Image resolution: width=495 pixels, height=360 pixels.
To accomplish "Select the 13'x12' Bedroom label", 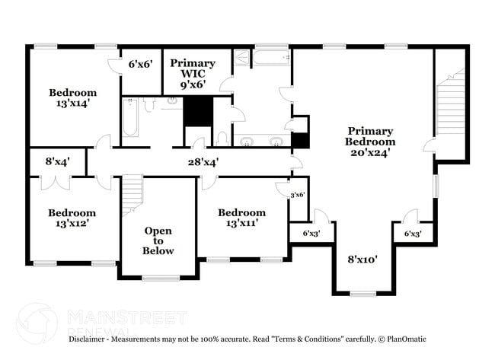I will coord(72,219).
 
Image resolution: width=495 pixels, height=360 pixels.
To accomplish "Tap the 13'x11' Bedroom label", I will coord(241,218).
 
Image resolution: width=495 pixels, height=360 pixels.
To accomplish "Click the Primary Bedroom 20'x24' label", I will coord(370,142).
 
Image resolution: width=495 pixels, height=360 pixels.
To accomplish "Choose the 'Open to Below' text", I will coord(158,241).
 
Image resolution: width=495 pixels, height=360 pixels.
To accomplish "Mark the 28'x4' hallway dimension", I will coord(203,161).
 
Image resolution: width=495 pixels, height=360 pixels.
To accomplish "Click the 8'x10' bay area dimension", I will coord(362,259).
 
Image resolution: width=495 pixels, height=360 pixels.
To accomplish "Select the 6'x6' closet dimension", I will coord(141,65).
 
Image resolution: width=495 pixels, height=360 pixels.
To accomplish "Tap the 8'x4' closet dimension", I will coord(58,161).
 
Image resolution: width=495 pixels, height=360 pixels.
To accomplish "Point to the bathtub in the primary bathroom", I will coord(271,57).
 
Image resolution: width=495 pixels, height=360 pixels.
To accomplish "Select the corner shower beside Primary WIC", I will coord(241,59).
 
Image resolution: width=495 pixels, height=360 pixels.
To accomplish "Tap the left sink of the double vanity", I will coord(247,141).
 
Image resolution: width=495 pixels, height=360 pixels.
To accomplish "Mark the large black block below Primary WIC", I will coord(196,112).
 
